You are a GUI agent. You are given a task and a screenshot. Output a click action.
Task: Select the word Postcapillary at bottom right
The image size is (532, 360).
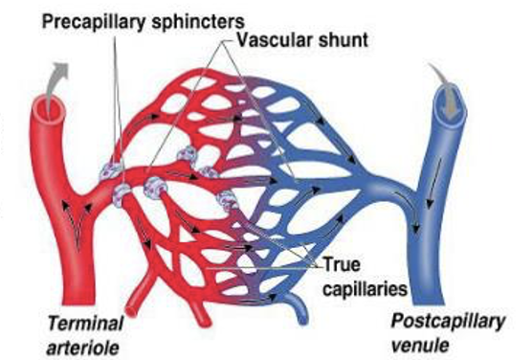pos(450,322)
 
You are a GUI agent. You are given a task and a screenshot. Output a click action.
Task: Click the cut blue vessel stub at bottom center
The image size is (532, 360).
pos(298,311)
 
